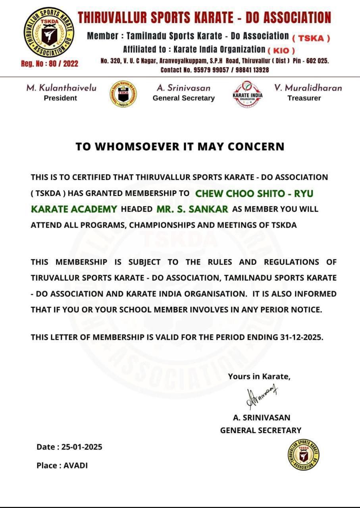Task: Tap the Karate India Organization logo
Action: coord(247,94)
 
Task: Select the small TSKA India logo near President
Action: coord(123,94)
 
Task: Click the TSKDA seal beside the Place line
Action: coord(303,455)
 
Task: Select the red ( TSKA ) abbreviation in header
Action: coord(311,38)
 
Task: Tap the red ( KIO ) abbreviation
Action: coord(281,51)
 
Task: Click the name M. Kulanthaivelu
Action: coord(61,88)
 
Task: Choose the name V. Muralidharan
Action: coord(308,88)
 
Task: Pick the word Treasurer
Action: coord(304,98)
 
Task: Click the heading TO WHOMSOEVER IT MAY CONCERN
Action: coord(180,146)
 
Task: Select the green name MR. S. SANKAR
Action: coord(192,209)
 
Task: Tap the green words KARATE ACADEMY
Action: coord(74,209)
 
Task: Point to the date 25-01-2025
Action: coord(82,447)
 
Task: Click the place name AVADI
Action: coord(75,466)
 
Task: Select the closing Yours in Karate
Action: coord(259,377)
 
